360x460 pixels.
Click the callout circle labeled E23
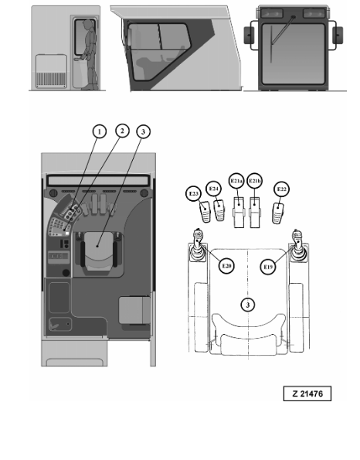(193, 193)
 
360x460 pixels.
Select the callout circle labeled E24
(214, 189)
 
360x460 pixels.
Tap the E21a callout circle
(236, 181)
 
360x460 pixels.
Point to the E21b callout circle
(254, 181)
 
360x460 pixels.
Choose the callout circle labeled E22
(281, 189)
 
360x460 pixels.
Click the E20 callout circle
(226, 266)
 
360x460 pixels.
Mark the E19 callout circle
(268, 267)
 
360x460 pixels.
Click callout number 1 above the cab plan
(100, 131)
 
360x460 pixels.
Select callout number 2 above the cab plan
(122, 131)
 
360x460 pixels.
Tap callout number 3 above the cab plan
(144, 131)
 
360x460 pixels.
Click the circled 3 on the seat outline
(248, 305)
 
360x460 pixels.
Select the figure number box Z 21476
(307, 394)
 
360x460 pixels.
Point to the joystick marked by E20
(197, 246)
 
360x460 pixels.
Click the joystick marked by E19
(298, 246)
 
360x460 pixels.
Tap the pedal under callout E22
(278, 213)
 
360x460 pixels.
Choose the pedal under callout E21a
(239, 213)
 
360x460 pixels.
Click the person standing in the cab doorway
(90, 55)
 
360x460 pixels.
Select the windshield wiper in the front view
(282, 32)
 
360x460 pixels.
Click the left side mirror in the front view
(248, 36)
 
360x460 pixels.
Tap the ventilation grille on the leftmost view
(51, 79)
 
